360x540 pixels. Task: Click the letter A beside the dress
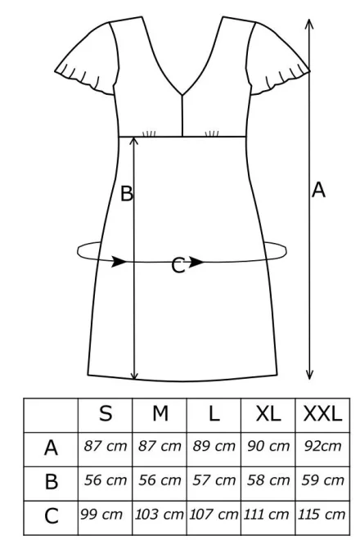(318, 190)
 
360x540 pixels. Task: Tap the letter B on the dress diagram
(127, 193)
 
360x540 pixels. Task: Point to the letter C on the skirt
(178, 266)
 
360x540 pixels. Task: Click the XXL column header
(323, 414)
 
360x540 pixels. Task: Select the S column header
(106, 414)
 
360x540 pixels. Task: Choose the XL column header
(268, 414)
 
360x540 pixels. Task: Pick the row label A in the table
(51, 448)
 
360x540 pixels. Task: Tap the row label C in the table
(51, 516)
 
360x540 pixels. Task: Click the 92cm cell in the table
(323, 447)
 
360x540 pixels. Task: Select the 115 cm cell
(322, 515)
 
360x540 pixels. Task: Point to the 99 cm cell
(101, 515)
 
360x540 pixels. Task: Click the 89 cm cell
(214, 447)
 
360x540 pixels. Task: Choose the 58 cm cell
(268, 480)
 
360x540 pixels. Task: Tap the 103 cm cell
(159, 515)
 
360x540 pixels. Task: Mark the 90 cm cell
(268, 447)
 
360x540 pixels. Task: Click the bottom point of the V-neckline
(182, 94)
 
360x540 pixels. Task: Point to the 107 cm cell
(214, 515)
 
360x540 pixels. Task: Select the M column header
(160, 414)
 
